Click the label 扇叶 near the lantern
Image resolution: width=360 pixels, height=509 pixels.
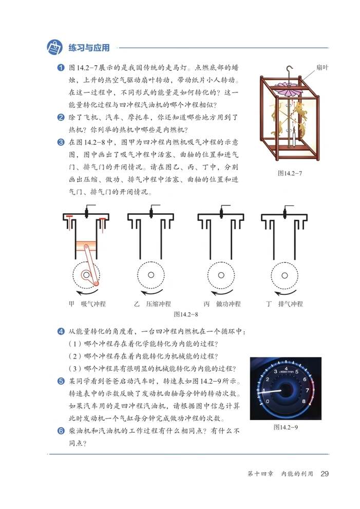(322, 67)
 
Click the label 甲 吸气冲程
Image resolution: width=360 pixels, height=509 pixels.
(87, 304)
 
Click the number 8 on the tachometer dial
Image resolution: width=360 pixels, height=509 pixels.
(304, 401)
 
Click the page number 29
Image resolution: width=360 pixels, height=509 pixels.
(324, 473)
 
